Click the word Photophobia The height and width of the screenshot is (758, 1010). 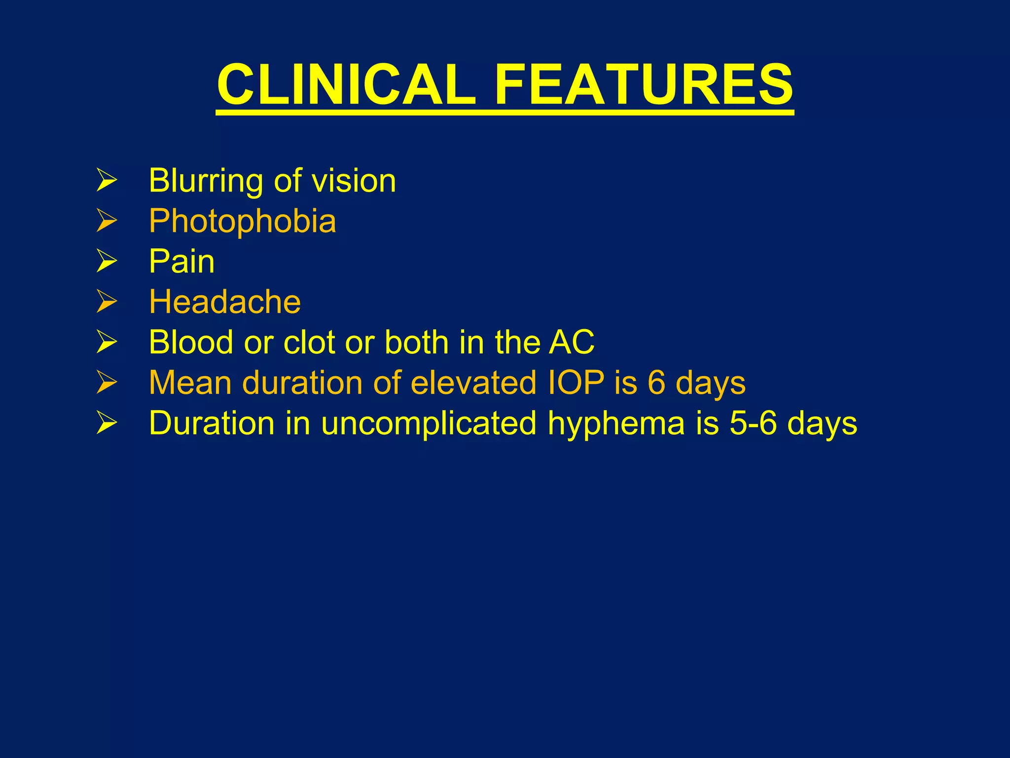(243, 221)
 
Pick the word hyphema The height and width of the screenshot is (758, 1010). (616, 424)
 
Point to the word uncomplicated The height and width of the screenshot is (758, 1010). (429, 424)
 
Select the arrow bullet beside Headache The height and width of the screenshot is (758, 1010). (107, 302)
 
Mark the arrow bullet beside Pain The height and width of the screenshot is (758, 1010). (107, 261)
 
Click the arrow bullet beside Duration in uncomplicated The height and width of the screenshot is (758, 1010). (107, 423)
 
